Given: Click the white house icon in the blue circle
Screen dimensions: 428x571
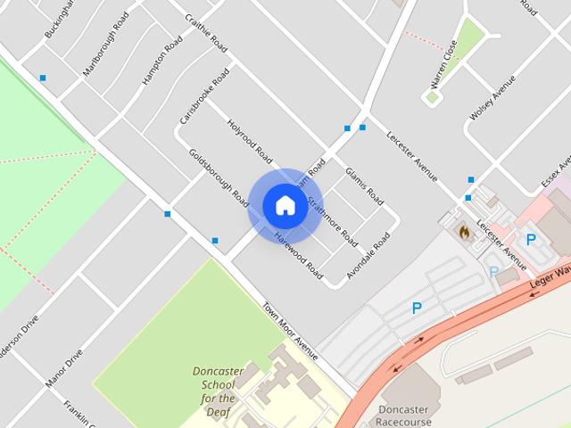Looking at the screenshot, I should (285, 205).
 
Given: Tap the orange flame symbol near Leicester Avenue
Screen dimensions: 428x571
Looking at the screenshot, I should (464, 231).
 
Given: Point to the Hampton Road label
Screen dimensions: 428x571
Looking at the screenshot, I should (161, 62).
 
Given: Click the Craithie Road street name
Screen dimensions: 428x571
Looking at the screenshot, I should (203, 33).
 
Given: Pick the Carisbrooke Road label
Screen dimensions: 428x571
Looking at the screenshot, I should (204, 95).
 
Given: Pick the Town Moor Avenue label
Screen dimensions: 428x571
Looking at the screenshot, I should (289, 331).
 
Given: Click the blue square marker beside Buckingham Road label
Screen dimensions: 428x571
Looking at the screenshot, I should (43, 78).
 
